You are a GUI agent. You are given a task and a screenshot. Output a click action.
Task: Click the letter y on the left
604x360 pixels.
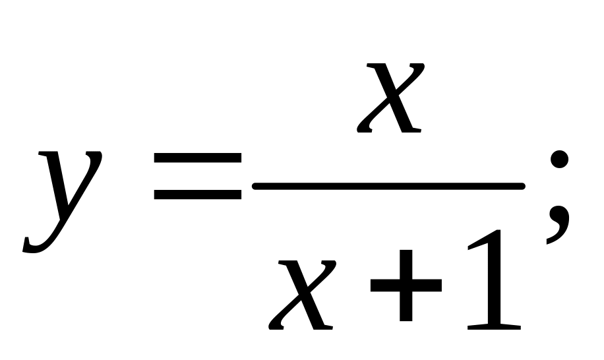click(66, 198)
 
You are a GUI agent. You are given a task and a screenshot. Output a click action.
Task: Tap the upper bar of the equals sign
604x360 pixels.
click(198, 158)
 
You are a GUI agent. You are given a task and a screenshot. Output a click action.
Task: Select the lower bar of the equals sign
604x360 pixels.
click(198, 195)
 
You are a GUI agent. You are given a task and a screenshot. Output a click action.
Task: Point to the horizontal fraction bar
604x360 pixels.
click(389, 187)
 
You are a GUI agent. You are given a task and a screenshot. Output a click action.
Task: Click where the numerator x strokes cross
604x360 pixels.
click(390, 97)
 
